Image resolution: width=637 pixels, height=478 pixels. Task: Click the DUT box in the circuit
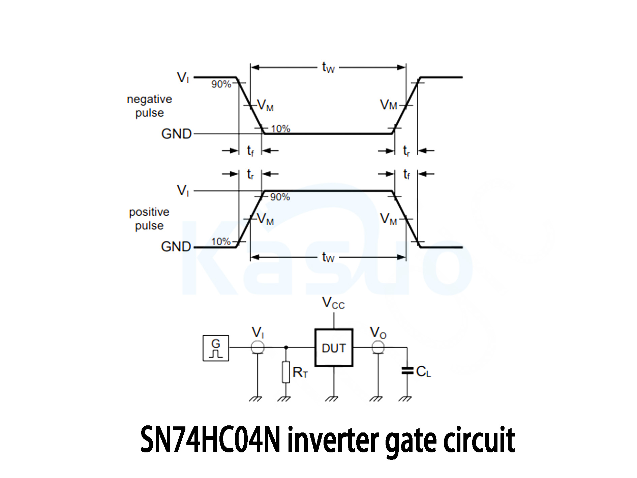pos(334,347)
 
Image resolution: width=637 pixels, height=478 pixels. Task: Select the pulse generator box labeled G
pos(216,348)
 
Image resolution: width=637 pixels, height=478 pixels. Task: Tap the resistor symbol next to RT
pos(286,372)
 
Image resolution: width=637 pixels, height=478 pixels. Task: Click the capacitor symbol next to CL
pos(407,371)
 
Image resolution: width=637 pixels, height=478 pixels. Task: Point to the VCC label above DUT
pos(333,303)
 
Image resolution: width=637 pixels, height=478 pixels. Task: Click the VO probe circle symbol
pos(378,347)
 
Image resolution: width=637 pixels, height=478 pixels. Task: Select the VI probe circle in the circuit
pos(258,347)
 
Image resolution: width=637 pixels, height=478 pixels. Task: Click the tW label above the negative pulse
pos(328,67)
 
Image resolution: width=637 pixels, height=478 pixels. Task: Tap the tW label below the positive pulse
pos(328,257)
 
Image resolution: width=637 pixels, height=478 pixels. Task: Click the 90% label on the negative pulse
pos(221,84)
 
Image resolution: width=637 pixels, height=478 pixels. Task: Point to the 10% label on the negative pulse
pos(280,129)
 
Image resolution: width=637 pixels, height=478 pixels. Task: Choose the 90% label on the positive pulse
pos(280,197)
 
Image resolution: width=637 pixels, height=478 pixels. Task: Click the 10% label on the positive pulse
pos(221,242)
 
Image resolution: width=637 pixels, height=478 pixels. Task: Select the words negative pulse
pos(149,106)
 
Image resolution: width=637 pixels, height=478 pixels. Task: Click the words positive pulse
pos(149,219)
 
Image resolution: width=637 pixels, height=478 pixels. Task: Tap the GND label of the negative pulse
pos(176,134)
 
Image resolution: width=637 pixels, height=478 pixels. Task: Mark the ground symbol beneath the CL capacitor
pos(405,399)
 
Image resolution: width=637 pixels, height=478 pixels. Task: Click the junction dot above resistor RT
pos(286,347)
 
